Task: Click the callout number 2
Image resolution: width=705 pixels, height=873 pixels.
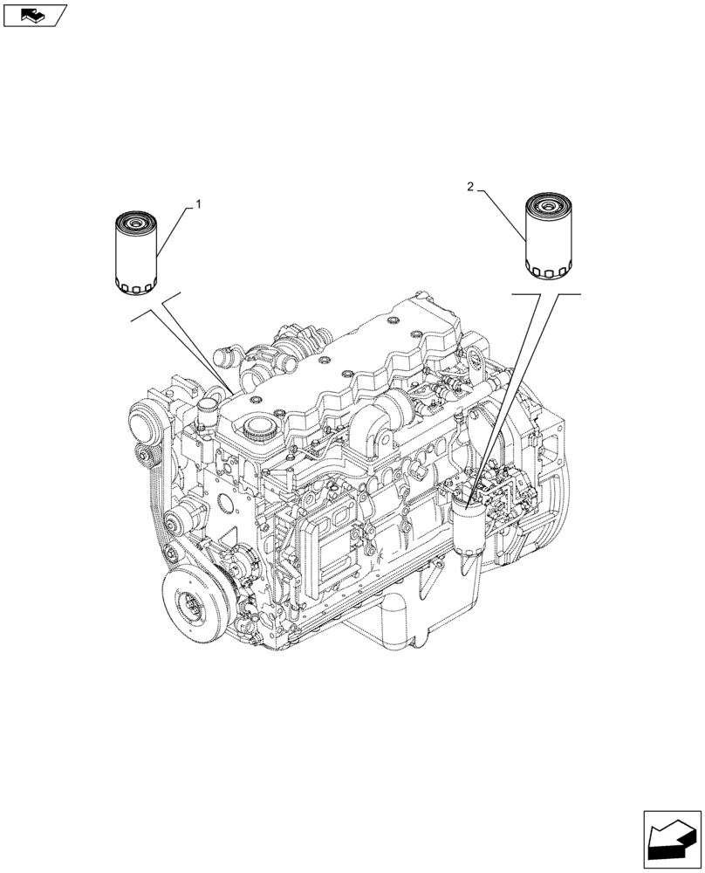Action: point(471,187)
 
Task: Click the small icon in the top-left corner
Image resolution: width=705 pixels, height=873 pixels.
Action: point(35,15)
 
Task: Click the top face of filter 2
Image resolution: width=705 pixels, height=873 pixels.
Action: point(547,206)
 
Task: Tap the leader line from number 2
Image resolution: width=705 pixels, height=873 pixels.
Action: point(500,214)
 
